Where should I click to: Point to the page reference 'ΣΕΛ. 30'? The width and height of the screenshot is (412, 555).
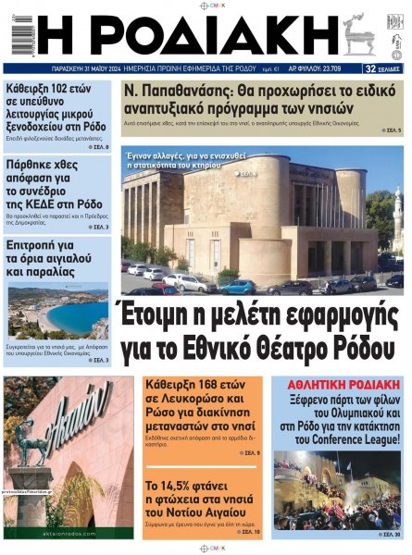pos(393,534)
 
